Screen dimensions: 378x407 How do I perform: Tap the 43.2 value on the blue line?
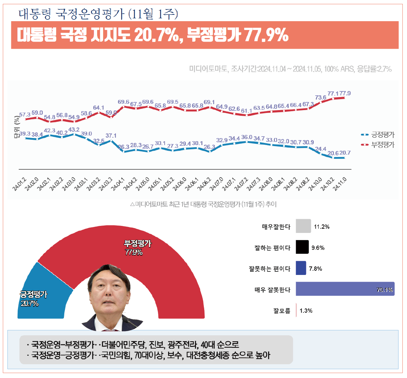74,130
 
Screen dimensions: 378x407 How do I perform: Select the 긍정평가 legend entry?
377,135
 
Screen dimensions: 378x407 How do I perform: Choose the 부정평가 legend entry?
377,145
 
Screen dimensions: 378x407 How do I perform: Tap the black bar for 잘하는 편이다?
302,247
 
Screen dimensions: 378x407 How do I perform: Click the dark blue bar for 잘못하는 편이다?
301,268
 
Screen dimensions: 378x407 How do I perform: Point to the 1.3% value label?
306,311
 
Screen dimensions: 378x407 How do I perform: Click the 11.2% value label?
322,227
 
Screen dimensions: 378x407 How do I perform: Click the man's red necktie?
106,330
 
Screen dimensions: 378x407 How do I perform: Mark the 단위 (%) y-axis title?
17,127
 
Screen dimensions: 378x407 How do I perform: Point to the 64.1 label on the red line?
99,108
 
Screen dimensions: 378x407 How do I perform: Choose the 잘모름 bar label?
282,311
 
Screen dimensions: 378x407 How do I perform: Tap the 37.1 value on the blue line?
111,136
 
